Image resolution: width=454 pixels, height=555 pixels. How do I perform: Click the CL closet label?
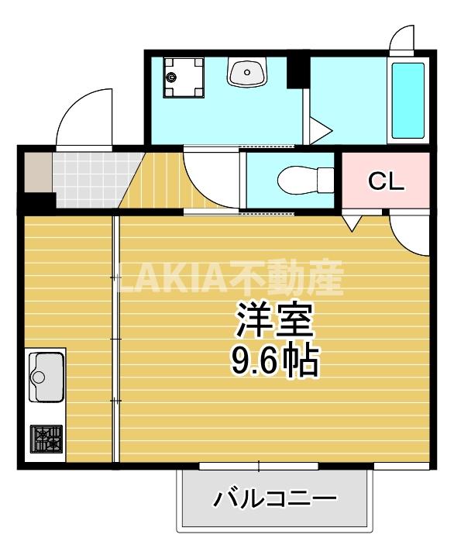coord(386,182)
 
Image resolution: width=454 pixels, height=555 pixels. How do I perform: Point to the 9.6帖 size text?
coord(275,360)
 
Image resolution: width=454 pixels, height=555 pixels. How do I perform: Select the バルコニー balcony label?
coord(276,497)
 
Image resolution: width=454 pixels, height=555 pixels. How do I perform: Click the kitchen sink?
coord(46,376)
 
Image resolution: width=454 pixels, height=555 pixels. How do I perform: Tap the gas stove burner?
coord(46,440)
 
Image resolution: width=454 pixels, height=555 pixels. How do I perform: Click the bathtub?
coord(408,99)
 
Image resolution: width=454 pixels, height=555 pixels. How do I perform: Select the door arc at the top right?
coord(403,39)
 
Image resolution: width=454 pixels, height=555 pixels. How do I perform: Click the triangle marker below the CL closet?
coord(353,223)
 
